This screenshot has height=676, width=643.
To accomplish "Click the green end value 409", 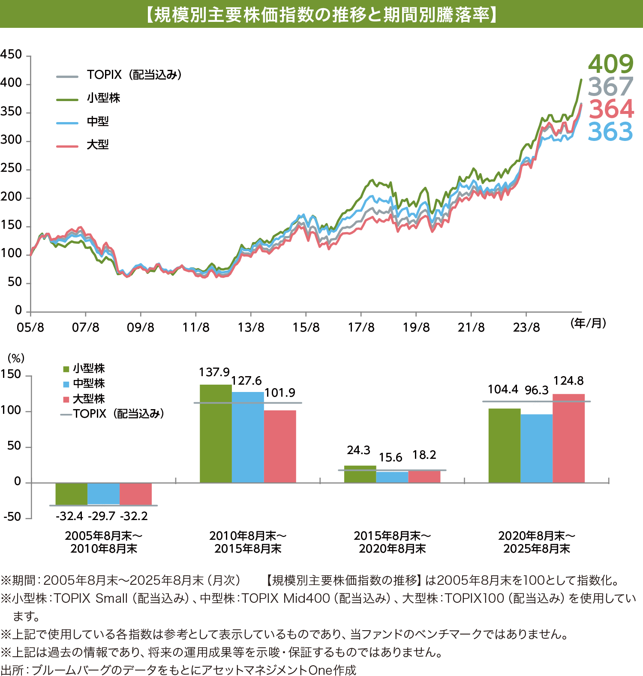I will point(610,64).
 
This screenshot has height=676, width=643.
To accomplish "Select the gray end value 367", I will point(610,87).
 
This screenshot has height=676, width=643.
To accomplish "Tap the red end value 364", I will point(611,109).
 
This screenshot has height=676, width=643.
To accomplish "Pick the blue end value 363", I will point(610,132).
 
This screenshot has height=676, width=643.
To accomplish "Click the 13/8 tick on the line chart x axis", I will point(251,328).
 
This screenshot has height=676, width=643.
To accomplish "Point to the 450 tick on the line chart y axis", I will point(11,55).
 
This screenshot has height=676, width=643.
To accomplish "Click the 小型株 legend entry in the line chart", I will point(103,98).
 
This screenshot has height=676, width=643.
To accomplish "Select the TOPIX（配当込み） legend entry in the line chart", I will point(134,75).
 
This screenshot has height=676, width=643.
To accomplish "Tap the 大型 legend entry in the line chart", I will point(98,145).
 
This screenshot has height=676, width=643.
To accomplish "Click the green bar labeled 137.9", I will point(216,433).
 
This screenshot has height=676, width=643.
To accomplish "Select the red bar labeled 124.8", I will point(568,438).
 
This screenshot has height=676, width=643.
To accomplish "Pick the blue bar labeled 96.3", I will point(536,448).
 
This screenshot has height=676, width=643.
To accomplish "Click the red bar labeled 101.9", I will point(280,446).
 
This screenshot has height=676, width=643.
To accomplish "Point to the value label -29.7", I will point(102,516).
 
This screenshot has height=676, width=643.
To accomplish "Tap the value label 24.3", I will point(358,450).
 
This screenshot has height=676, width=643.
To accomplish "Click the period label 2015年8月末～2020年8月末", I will point(392,542).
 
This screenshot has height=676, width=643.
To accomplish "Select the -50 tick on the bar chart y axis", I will point(12,517).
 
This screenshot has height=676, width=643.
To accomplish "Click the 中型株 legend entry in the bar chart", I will point(89,383).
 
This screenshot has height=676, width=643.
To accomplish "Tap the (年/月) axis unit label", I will point(588,323).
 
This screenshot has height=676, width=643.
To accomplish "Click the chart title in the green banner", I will point(321,15).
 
